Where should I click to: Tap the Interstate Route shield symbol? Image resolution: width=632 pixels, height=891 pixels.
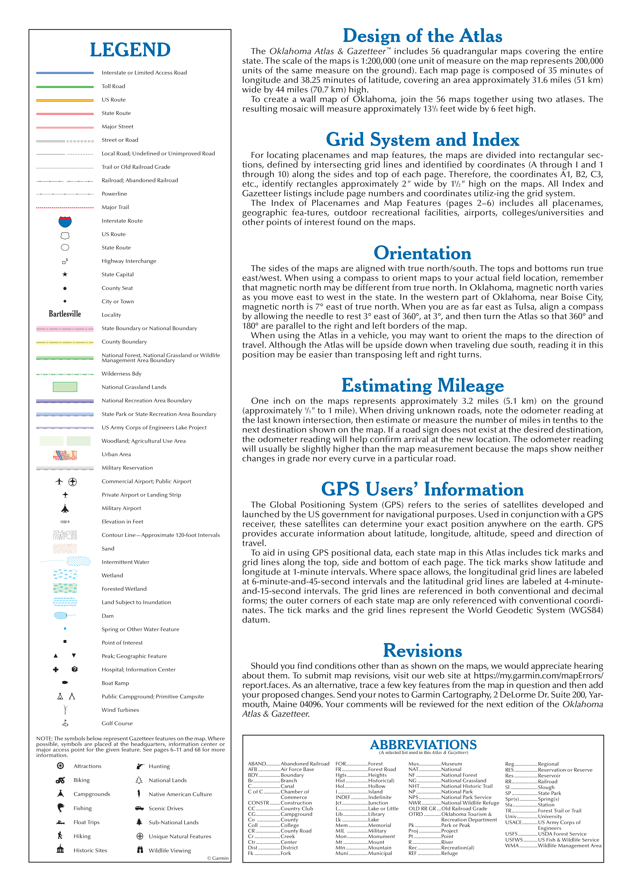point(65,222)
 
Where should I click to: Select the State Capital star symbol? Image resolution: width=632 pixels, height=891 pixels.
point(65,274)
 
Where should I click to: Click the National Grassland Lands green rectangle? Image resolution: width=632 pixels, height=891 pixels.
point(65,387)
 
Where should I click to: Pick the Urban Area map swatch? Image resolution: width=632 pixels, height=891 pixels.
point(65,455)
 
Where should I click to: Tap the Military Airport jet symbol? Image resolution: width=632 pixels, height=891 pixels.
point(65,508)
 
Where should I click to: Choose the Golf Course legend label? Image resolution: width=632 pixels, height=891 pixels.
point(117,723)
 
